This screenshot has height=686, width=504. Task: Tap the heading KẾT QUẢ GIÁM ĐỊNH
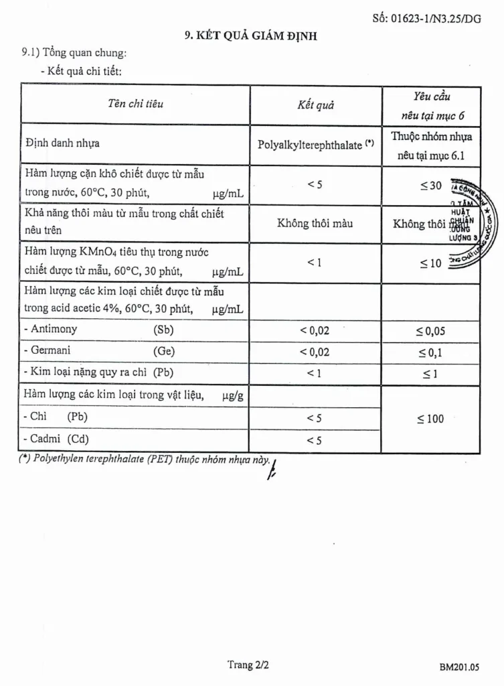pyautogui.click(x=251, y=36)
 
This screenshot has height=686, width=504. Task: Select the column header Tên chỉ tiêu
pyautogui.click(x=135, y=104)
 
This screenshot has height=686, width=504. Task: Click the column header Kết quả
pyautogui.click(x=315, y=105)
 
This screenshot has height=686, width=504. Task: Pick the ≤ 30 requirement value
pyautogui.click(x=431, y=186)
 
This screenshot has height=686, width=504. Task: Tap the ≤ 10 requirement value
pyautogui.click(x=431, y=263)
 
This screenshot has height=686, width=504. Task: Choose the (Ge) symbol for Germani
pyautogui.click(x=164, y=350)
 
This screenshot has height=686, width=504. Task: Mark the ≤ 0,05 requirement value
pyautogui.click(x=431, y=331)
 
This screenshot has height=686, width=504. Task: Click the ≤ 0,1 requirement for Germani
pyautogui.click(x=431, y=352)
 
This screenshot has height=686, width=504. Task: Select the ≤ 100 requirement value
pyautogui.click(x=431, y=419)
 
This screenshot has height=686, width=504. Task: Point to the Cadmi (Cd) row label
pyautogui.click(x=59, y=439)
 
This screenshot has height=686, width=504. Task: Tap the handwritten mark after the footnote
pyautogui.click(x=271, y=469)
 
